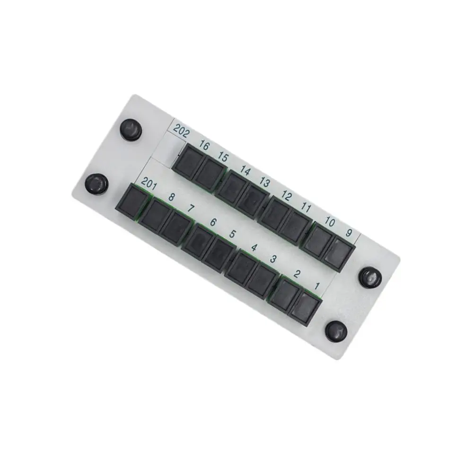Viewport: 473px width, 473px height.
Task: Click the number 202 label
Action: point(181,130)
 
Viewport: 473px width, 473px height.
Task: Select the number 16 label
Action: point(204,146)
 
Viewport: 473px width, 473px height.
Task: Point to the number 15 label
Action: point(223,157)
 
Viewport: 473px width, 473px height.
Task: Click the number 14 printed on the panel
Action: point(245,170)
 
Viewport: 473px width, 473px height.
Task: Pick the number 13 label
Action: point(264,183)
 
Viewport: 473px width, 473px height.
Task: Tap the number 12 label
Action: point(287,195)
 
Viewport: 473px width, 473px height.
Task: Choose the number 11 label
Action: point(306,207)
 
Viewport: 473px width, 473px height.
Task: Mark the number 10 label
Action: point(330,221)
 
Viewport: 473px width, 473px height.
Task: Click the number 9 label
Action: point(349,233)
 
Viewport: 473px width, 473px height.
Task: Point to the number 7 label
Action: point(191,208)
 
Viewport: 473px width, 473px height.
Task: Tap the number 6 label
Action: point(213,222)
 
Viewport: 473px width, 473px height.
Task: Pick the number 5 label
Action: point(232,234)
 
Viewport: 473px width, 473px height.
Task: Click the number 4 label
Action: point(254,247)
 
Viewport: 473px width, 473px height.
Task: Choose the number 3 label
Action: point(273,259)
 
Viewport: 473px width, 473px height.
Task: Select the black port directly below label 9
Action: point(339,254)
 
